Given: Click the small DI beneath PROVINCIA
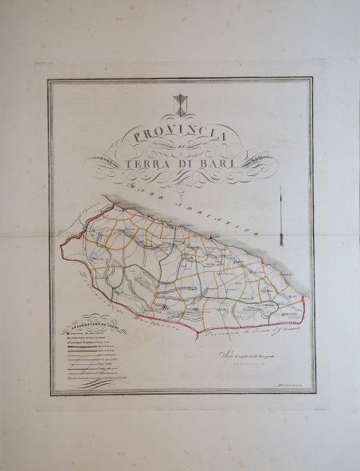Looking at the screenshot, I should [182, 150].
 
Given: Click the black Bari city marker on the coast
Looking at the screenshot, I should [211, 237].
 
